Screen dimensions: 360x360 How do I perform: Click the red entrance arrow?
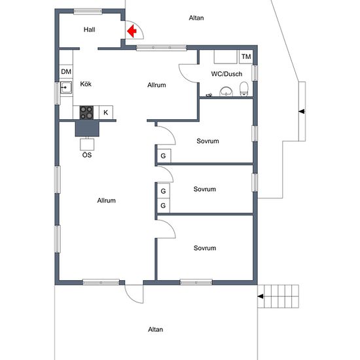click(x=132, y=31)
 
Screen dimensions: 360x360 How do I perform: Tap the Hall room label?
click(x=89, y=29)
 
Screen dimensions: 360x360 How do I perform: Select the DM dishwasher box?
click(x=66, y=71)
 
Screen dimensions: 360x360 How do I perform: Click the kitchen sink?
click(x=66, y=88)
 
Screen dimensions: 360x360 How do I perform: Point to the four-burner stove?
click(x=86, y=113)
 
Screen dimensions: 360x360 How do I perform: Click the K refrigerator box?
click(x=106, y=113)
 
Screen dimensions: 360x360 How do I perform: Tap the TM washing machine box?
click(x=246, y=57)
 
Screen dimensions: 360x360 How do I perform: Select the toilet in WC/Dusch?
click(x=244, y=89)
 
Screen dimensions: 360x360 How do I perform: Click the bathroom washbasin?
click(x=226, y=92)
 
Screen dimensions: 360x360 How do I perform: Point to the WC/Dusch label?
click(x=226, y=74)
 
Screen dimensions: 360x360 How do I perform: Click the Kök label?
click(x=86, y=84)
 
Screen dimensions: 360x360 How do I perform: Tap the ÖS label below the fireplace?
click(x=87, y=155)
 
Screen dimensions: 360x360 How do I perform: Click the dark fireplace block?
click(x=87, y=128)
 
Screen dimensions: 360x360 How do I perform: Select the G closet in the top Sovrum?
click(x=164, y=156)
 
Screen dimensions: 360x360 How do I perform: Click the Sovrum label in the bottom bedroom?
click(x=205, y=248)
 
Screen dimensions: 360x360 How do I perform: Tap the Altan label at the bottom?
click(x=155, y=329)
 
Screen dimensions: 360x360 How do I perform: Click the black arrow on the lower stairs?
click(x=260, y=297)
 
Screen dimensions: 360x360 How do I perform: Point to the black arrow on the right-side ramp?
click(x=302, y=111)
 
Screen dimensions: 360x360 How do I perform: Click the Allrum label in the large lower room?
click(x=106, y=200)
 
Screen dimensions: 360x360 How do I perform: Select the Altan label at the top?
click(x=196, y=18)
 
